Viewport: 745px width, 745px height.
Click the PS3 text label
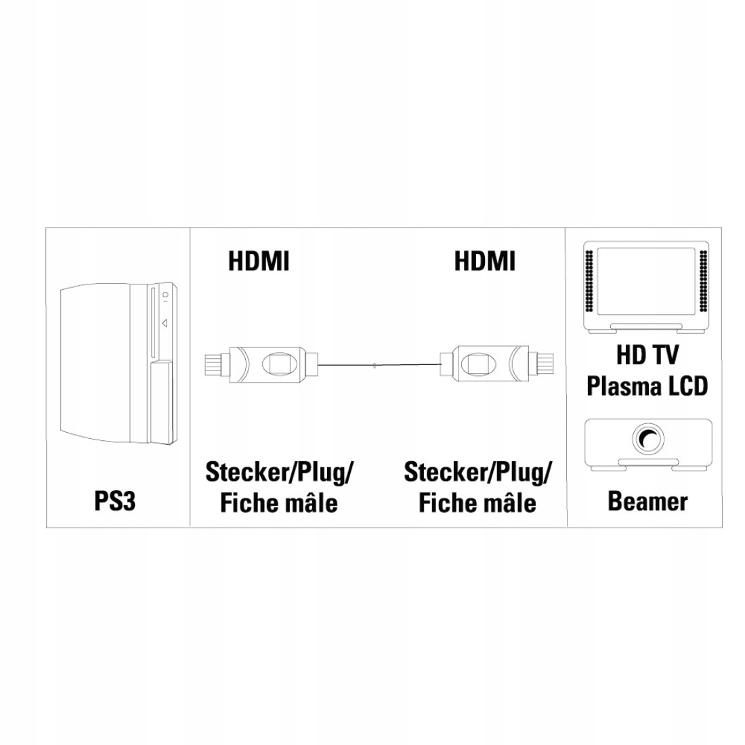(115, 501)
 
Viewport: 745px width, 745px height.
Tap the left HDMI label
(259, 261)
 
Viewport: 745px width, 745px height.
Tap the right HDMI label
(485, 261)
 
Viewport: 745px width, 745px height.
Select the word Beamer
(647, 501)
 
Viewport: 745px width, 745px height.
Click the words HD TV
(647, 355)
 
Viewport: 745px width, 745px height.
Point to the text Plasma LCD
(647, 386)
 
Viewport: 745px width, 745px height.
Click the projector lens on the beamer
(647, 439)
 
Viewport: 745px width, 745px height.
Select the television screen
(646, 281)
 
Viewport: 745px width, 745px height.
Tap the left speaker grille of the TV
(590, 281)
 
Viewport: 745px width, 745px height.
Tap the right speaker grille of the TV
(703, 281)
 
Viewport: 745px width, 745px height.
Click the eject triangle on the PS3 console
(165, 323)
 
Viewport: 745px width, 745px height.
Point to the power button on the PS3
(165, 295)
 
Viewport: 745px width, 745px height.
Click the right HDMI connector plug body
(490, 364)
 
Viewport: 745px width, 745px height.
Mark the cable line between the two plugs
(379, 365)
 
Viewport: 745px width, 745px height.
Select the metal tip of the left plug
(217, 364)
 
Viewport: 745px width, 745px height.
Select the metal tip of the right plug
(540, 364)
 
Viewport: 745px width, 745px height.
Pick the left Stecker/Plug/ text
(279, 473)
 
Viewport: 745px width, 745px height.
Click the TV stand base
(647, 328)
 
